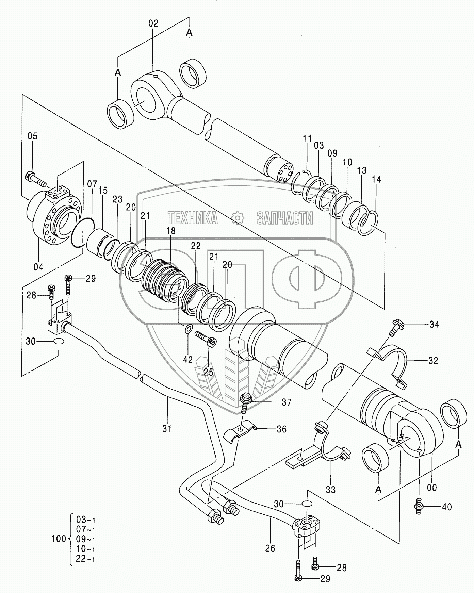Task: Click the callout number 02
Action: tap(153, 23)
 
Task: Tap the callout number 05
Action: tap(33, 136)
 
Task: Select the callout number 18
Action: tap(171, 231)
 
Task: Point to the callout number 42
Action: tap(188, 360)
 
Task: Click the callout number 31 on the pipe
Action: tap(167, 428)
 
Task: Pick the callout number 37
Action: tap(287, 402)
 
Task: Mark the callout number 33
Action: tap(330, 490)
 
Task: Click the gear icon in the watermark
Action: tap(237, 218)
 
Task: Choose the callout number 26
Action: tap(270, 548)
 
